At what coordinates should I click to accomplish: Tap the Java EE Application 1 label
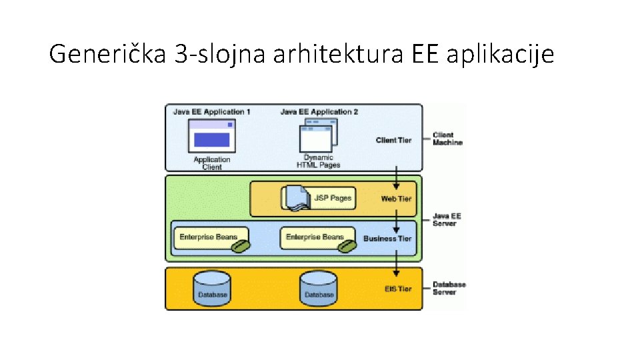click(211, 112)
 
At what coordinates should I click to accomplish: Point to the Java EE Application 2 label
click(319, 112)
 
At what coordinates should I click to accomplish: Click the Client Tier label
click(393, 140)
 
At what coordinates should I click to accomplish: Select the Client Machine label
click(447, 139)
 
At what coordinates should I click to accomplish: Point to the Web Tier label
click(396, 199)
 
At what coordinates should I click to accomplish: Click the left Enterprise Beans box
click(208, 237)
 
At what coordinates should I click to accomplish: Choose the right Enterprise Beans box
click(315, 237)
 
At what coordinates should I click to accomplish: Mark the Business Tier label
click(387, 239)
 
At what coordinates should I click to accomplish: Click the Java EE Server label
click(446, 220)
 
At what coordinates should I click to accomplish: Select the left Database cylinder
click(211, 289)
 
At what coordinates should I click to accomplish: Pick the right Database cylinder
click(318, 289)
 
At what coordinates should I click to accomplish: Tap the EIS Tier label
click(398, 289)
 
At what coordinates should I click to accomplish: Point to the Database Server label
click(449, 288)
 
